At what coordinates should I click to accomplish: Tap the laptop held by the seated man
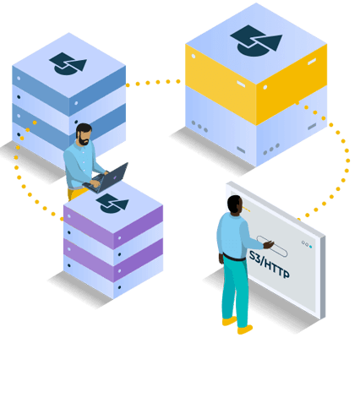point(112,178)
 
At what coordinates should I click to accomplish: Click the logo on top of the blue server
point(68,63)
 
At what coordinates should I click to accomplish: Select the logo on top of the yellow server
point(255,39)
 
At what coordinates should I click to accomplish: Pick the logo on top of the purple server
point(112,203)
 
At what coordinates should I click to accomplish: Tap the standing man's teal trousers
point(234,287)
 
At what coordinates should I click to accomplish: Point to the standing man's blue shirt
point(232,237)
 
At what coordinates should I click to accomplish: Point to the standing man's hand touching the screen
point(269,243)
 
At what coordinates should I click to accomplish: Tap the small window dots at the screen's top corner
point(308,245)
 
